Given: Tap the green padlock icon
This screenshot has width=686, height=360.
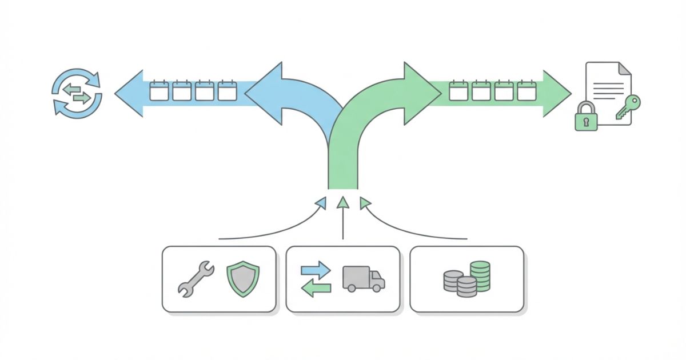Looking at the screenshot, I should (x=586, y=117).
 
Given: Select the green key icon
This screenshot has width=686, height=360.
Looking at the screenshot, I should (x=628, y=108).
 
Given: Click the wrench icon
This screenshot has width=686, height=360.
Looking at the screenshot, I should (x=196, y=279).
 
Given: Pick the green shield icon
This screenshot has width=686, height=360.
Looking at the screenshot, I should (x=243, y=278).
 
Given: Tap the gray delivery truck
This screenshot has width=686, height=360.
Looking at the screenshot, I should (x=364, y=279).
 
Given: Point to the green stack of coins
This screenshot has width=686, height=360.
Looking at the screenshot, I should (x=480, y=276).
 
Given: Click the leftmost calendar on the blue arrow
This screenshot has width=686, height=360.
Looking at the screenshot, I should (x=159, y=91).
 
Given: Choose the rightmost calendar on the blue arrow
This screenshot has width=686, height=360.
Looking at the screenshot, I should (x=227, y=91).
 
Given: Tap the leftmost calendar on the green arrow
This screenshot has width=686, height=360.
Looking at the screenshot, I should (x=458, y=91).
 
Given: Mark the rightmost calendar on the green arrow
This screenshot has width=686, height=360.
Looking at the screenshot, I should (x=527, y=91).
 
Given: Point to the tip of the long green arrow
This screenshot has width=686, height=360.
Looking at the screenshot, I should (x=568, y=93).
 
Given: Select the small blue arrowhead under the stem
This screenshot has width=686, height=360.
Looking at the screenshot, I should (x=321, y=202).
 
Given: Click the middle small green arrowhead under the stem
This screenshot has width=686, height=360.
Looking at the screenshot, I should (x=342, y=201).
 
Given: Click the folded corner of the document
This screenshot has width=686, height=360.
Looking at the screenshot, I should (x=625, y=69).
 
